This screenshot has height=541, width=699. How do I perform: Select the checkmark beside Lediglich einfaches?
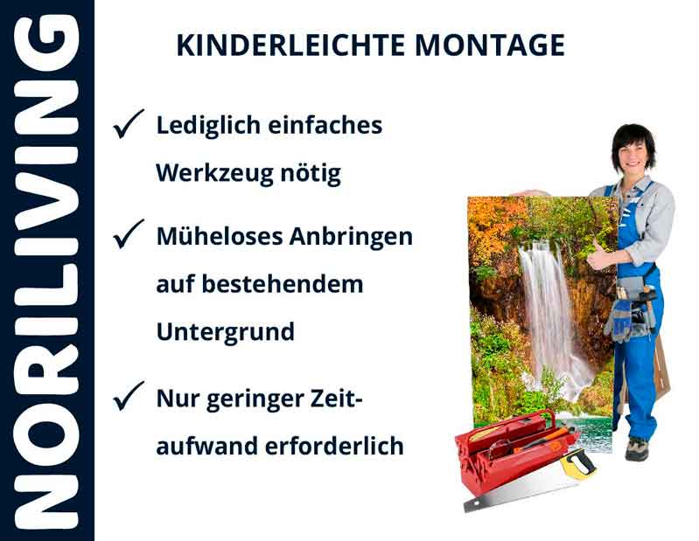129,127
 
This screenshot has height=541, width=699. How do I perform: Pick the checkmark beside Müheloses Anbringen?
129,235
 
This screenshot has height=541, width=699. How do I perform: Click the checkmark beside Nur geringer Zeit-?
129,399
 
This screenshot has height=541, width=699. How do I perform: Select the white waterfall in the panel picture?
548,315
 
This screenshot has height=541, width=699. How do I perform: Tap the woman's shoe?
637,448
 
